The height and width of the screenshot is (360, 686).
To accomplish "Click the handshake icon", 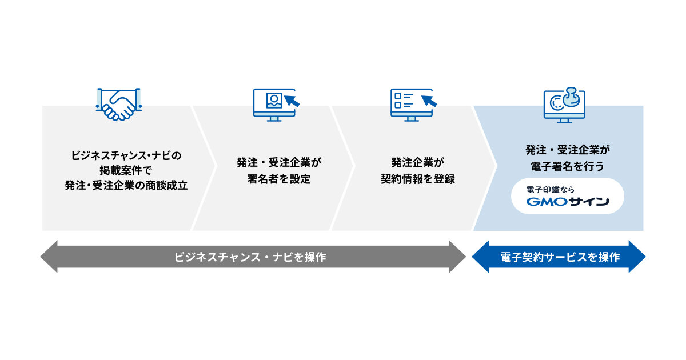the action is [x=119, y=104].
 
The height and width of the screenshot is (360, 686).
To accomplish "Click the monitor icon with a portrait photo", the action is [x=276, y=105].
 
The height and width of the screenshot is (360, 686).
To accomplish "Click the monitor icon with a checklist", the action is [x=413, y=105].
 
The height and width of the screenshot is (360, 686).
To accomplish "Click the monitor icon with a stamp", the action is [x=564, y=105].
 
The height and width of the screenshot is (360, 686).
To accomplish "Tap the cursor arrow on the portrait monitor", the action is [x=292, y=101].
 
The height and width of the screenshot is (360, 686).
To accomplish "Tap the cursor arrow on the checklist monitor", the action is [x=429, y=101].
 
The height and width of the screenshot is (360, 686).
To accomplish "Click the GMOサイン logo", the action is [x=568, y=201].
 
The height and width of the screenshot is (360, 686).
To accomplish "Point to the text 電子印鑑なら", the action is [x=550, y=190].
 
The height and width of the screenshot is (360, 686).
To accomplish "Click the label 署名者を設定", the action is [x=279, y=179].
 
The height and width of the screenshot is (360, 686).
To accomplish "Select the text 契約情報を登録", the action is [x=418, y=179].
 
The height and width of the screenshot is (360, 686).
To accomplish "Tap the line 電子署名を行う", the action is [x=567, y=166].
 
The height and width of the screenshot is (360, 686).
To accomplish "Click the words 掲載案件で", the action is [x=126, y=170].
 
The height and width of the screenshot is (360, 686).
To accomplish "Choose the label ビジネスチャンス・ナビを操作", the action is [x=250, y=257].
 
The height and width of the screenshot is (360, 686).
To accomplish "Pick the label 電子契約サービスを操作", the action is [x=560, y=257].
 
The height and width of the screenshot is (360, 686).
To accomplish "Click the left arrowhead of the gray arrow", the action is [x=49, y=257].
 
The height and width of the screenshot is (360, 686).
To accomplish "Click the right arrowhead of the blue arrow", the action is [x=637, y=257].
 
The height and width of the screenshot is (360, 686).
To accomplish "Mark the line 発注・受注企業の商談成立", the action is [x=126, y=186].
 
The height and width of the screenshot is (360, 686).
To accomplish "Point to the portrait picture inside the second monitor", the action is [x=274, y=101].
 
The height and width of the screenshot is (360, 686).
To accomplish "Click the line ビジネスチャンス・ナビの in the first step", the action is [x=126, y=155].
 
